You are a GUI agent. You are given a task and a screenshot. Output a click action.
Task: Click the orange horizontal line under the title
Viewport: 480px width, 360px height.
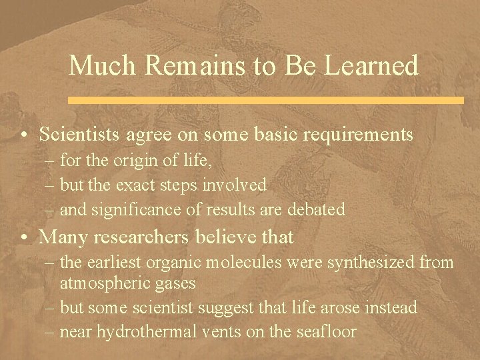tap(266, 100)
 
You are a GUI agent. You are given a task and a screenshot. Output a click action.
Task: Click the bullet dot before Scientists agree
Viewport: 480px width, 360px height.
tap(23, 135)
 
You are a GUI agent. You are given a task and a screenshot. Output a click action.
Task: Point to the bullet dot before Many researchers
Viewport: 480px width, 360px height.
tap(23, 237)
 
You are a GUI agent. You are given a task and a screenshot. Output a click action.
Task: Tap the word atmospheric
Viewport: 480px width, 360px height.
tap(106, 283)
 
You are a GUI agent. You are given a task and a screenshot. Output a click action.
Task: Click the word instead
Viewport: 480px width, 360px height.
tap(389, 307)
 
